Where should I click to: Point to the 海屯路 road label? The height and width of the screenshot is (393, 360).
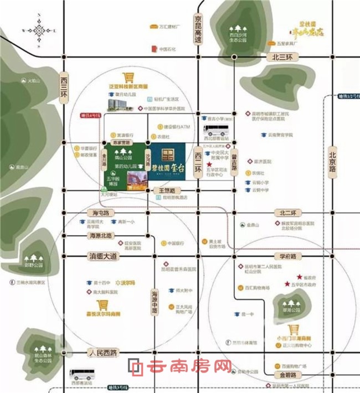pos(100,213)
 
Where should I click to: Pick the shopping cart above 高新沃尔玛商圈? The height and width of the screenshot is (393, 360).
pos(102,305)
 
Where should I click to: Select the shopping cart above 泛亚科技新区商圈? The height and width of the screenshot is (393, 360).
pos(128,78)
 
